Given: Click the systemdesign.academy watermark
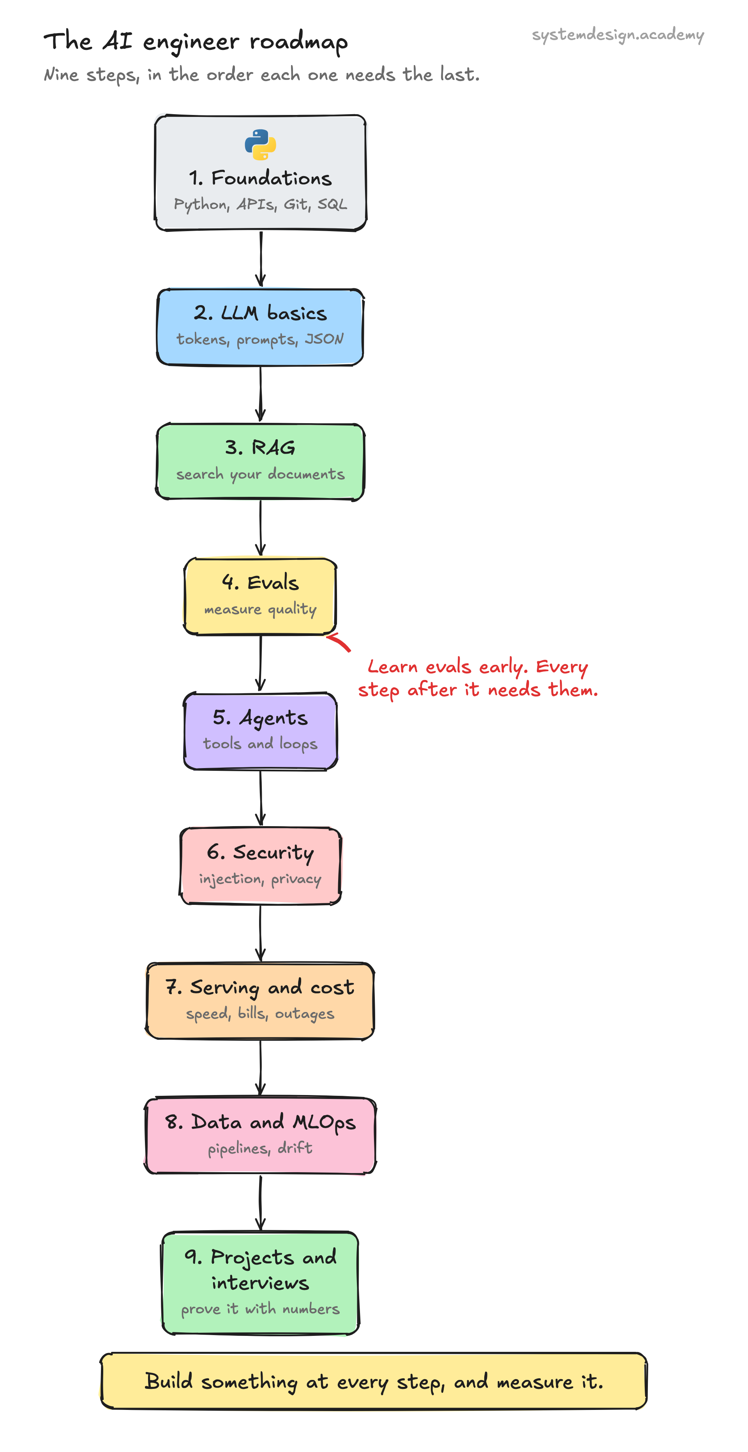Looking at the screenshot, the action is click(x=618, y=35).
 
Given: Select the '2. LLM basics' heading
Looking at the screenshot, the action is click(x=260, y=313).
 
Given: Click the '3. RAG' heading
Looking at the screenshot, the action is click(x=260, y=447).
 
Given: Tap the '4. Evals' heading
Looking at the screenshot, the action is click(x=260, y=582).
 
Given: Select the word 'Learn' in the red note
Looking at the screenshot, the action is click(x=392, y=667).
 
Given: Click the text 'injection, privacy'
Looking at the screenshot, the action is click(x=260, y=879).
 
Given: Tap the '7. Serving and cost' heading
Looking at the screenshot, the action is click(x=260, y=987).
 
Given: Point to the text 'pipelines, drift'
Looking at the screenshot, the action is click(x=260, y=1148).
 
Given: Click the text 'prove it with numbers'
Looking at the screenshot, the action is click(x=260, y=1309).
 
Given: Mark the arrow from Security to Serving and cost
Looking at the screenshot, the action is click(x=260, y=933).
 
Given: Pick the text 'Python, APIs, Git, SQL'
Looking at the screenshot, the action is click(x=260, y=205).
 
